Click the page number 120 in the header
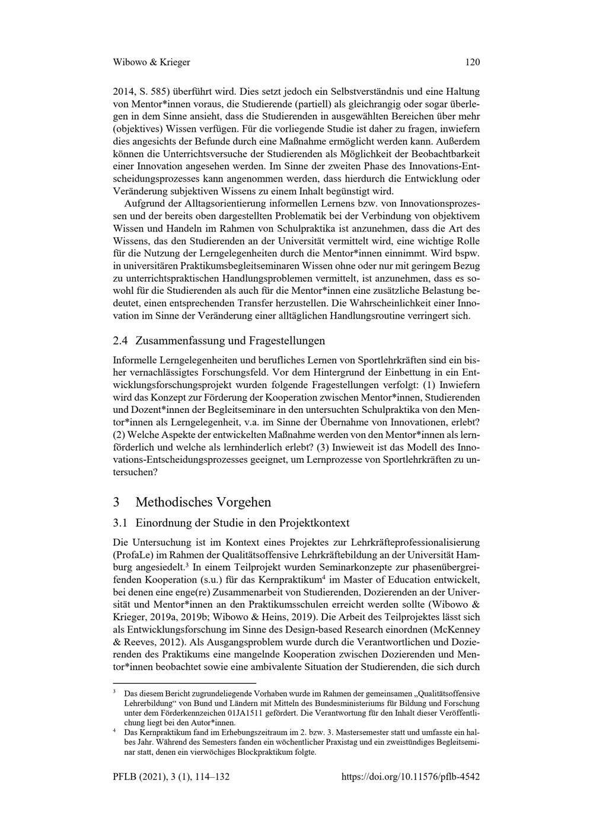(x=472, y=62)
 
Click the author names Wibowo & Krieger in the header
(x=151, y=62)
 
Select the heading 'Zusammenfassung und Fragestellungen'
(x=230, y=341)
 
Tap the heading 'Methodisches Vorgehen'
(x=203, y=502)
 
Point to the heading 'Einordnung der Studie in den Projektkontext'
(x=242, y=523)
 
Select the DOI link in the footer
(x=411, y=777)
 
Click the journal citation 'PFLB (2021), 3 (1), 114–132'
(x=172, y=777)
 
